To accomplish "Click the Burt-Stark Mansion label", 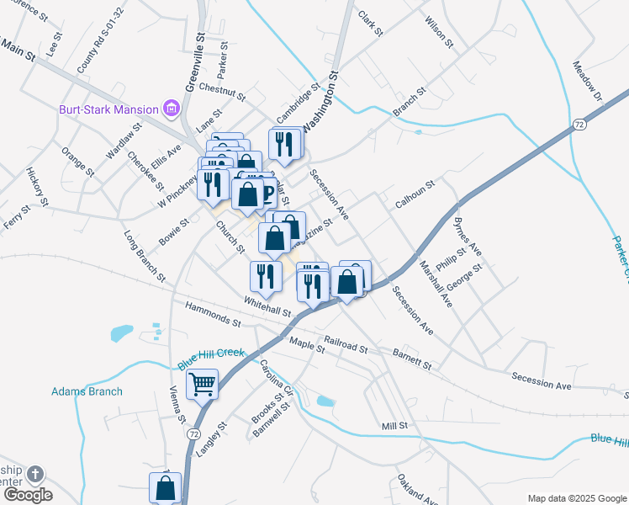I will point(108,109).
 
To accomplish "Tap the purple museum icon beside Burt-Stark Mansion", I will point(172,109).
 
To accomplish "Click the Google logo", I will point(28,495).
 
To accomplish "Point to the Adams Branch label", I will point(87,391).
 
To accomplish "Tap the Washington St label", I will point(320,101).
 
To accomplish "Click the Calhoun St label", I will point(415,195).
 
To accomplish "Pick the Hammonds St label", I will point(214,316).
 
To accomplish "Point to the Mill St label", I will point(394,426).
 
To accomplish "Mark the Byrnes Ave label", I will point(468,237).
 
